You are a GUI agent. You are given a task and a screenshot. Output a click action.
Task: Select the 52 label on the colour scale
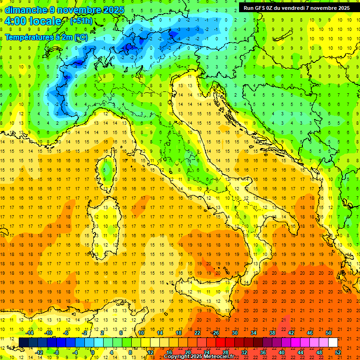tap(338, 352)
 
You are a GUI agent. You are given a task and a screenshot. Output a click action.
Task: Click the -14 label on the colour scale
tap(30, 332)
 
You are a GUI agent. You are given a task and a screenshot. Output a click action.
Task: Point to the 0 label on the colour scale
tap(93, 352)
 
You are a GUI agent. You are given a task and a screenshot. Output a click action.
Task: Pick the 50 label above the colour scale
tap(328, 332)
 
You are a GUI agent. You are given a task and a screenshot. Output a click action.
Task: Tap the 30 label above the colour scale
tap(234, 332)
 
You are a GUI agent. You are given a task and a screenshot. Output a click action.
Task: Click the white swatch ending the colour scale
tap(333, 342)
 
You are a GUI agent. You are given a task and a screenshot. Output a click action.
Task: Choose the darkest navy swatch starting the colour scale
tap(23, 342)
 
